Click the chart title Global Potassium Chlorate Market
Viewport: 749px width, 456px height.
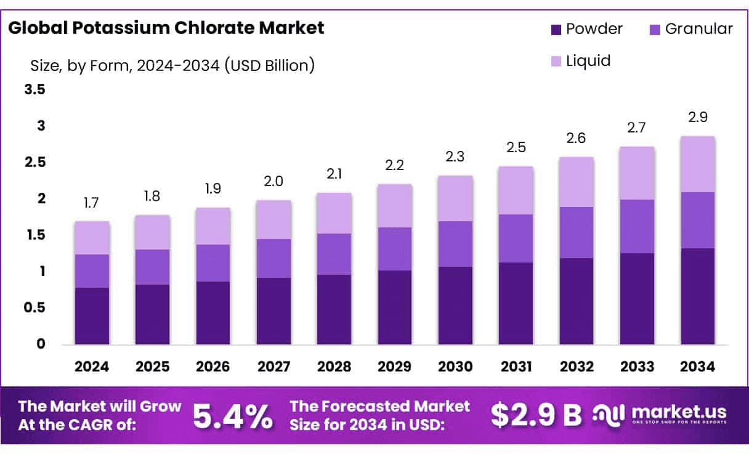pos(166,28)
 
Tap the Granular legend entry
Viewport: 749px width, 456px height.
pos(690,28)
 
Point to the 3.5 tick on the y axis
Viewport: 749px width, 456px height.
pos(34,89)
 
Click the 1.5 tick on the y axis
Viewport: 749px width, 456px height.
pos(34,235)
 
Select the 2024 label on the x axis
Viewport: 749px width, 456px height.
pos(92,367)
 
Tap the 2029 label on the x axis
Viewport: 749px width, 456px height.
pos(395,367)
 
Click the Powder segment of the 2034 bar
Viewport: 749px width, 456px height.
pos(698,296)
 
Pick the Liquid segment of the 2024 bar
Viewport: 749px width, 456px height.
pos(92,238)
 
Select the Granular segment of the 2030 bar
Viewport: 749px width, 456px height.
pos(455,244)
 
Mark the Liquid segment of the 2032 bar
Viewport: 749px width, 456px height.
pos(577,182)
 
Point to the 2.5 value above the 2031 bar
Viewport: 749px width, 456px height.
pos(516,148)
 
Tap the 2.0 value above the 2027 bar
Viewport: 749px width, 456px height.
pos(273,182)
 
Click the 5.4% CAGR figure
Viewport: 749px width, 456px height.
pos(233,417)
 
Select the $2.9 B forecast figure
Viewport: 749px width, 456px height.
pos(536,416)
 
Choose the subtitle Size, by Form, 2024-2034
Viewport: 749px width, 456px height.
pos(172,65)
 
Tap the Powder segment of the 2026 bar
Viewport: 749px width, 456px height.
pos(213,312)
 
